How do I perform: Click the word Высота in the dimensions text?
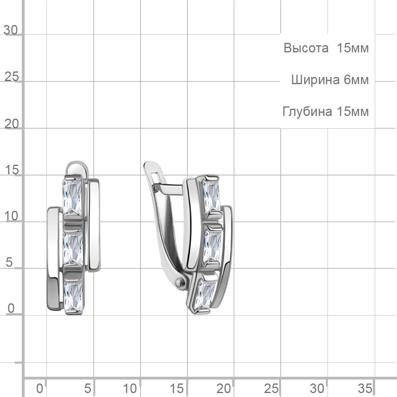click(x=306, y=48)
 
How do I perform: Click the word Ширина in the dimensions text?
click(x=315, y=80)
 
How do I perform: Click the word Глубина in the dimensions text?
click(x=307, y=111)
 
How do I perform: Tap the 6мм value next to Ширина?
click(x=356, y=80)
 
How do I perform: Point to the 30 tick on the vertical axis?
click(x=11, y=30)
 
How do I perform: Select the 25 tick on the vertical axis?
click(x=12, y=77)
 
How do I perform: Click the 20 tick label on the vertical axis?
click(x=12, y=124)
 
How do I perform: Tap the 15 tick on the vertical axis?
click(x=12, y=170)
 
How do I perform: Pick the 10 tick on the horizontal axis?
click(x=130, y=388)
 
